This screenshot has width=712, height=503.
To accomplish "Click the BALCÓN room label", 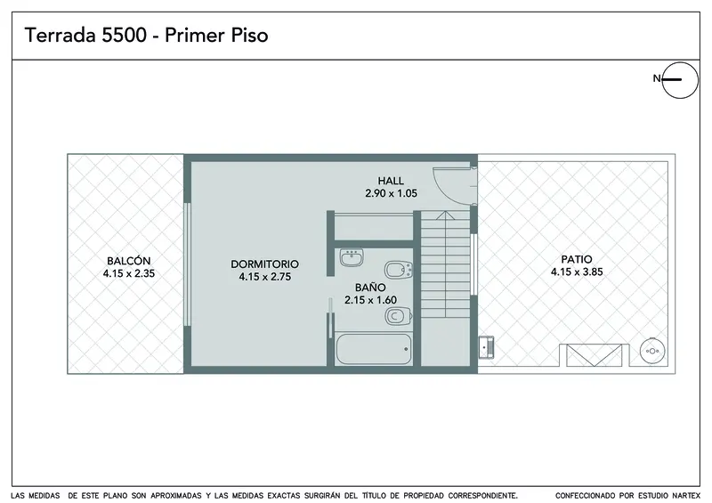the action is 128,261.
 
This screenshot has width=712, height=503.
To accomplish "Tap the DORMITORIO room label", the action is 264,264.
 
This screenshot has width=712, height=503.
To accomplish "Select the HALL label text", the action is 391,181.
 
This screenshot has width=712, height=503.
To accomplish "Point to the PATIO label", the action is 577,259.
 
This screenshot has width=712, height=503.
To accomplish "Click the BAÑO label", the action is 370,288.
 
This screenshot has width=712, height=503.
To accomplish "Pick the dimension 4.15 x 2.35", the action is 128,273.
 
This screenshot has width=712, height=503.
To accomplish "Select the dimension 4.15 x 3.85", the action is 577,272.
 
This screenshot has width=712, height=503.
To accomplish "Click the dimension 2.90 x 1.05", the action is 391,193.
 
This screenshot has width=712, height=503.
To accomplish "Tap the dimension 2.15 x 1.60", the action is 370,300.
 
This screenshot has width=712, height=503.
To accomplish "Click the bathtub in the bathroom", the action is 374,349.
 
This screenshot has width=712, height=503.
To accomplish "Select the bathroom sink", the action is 352,257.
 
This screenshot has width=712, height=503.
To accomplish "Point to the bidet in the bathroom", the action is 399,270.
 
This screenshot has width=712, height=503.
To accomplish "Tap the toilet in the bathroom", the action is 399,316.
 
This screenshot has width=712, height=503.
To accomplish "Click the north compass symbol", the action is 679,80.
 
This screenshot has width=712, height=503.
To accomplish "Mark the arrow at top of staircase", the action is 446,215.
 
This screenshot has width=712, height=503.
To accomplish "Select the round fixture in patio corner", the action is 652,351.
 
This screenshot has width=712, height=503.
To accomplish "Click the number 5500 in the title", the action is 124,36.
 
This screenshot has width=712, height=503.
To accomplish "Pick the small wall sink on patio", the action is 486,347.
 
